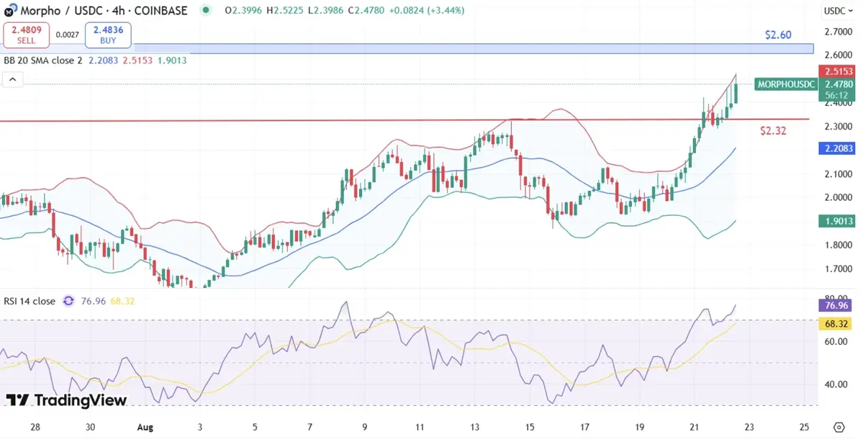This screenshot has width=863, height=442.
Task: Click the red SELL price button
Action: [x=27, y=34]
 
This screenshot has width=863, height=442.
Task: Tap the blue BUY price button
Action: [x=108, y=34]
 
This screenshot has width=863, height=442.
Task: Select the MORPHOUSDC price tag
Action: [x=787, y=84]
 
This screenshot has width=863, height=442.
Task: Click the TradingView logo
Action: [x=66, y=400]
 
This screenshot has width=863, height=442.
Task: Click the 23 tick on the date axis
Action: [x=750, y=427]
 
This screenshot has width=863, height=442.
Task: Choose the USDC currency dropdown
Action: [x=838, y=11]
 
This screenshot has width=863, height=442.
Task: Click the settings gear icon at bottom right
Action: [x=839, y=427]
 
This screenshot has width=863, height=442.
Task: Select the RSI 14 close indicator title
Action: [x=28, y=301]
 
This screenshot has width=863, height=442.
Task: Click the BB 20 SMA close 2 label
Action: [x=43, y=60]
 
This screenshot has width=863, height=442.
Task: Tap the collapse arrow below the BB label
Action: [x=12, y=81]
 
